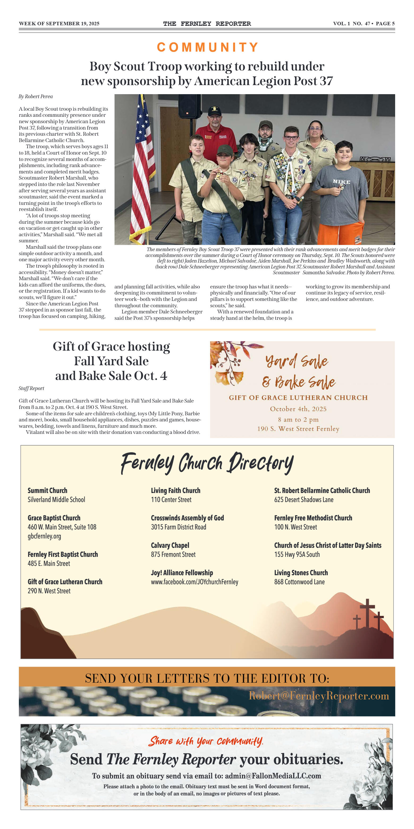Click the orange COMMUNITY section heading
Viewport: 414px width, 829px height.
[207, 47]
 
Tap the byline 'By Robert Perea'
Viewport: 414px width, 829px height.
[36, 97]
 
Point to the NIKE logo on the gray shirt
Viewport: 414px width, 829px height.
[341, 182]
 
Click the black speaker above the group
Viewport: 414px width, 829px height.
[190, 106]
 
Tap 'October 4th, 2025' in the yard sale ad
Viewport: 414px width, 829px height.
[298, 409]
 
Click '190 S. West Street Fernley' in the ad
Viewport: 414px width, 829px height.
[298, 429]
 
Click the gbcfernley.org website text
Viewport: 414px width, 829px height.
[44, 536]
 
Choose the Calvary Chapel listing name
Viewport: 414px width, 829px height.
[170, 545]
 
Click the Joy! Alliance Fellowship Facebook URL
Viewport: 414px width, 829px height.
[195, 582]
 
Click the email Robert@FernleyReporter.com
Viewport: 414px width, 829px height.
[319, 696]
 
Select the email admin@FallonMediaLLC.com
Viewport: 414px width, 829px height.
[273, 776]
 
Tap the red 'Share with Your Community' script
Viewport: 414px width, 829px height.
[206, 741]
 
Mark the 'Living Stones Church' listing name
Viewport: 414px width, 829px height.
[301, 573]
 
